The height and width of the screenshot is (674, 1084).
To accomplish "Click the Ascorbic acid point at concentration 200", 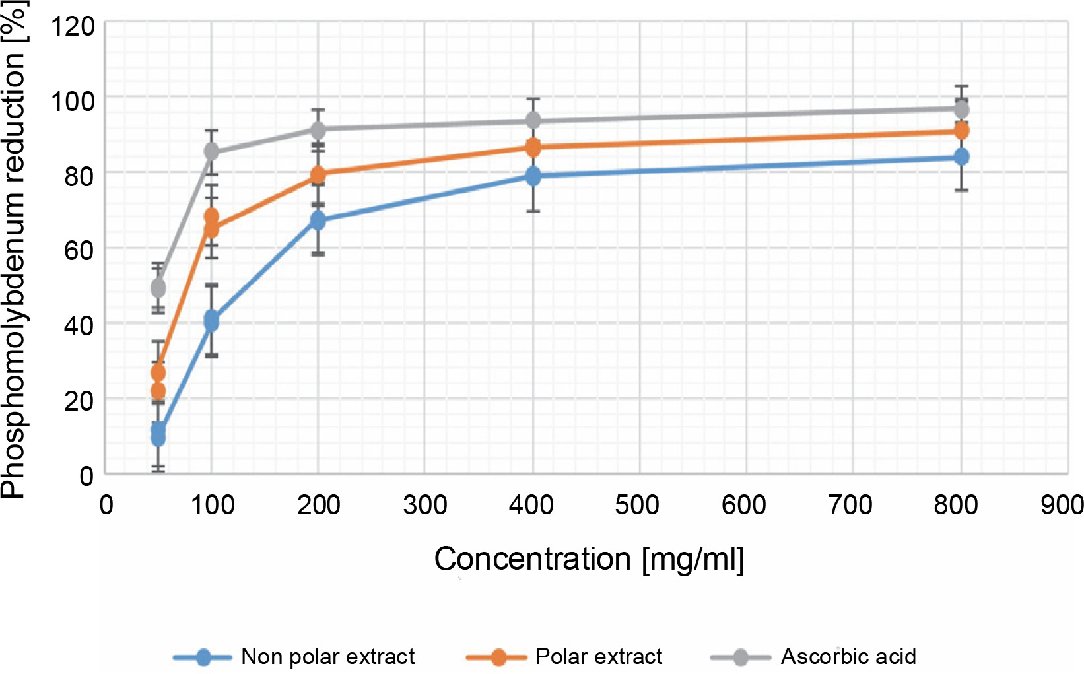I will point(318,129).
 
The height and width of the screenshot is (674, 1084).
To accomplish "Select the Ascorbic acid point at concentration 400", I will point(533,121).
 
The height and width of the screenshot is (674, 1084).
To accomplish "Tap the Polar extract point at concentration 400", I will point(533,147).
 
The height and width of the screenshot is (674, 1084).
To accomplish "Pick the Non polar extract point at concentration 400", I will point(533,176).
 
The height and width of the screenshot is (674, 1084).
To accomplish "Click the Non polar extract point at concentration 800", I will point(961,157).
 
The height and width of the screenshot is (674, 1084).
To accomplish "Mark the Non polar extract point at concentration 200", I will point(318,220).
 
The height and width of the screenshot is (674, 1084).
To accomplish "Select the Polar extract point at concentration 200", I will point(318,174).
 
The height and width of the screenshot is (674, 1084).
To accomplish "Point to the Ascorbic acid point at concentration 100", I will point(211,152).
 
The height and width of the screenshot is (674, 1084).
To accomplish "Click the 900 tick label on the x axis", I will point(1062,505).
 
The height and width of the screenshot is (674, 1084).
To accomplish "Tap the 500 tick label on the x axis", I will point(637,505).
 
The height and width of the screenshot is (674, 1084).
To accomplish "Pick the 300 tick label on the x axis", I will point(425,505).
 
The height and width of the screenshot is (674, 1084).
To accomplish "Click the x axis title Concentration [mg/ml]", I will point(589,559).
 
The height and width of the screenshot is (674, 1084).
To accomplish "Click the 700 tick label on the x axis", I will point(850,505).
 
